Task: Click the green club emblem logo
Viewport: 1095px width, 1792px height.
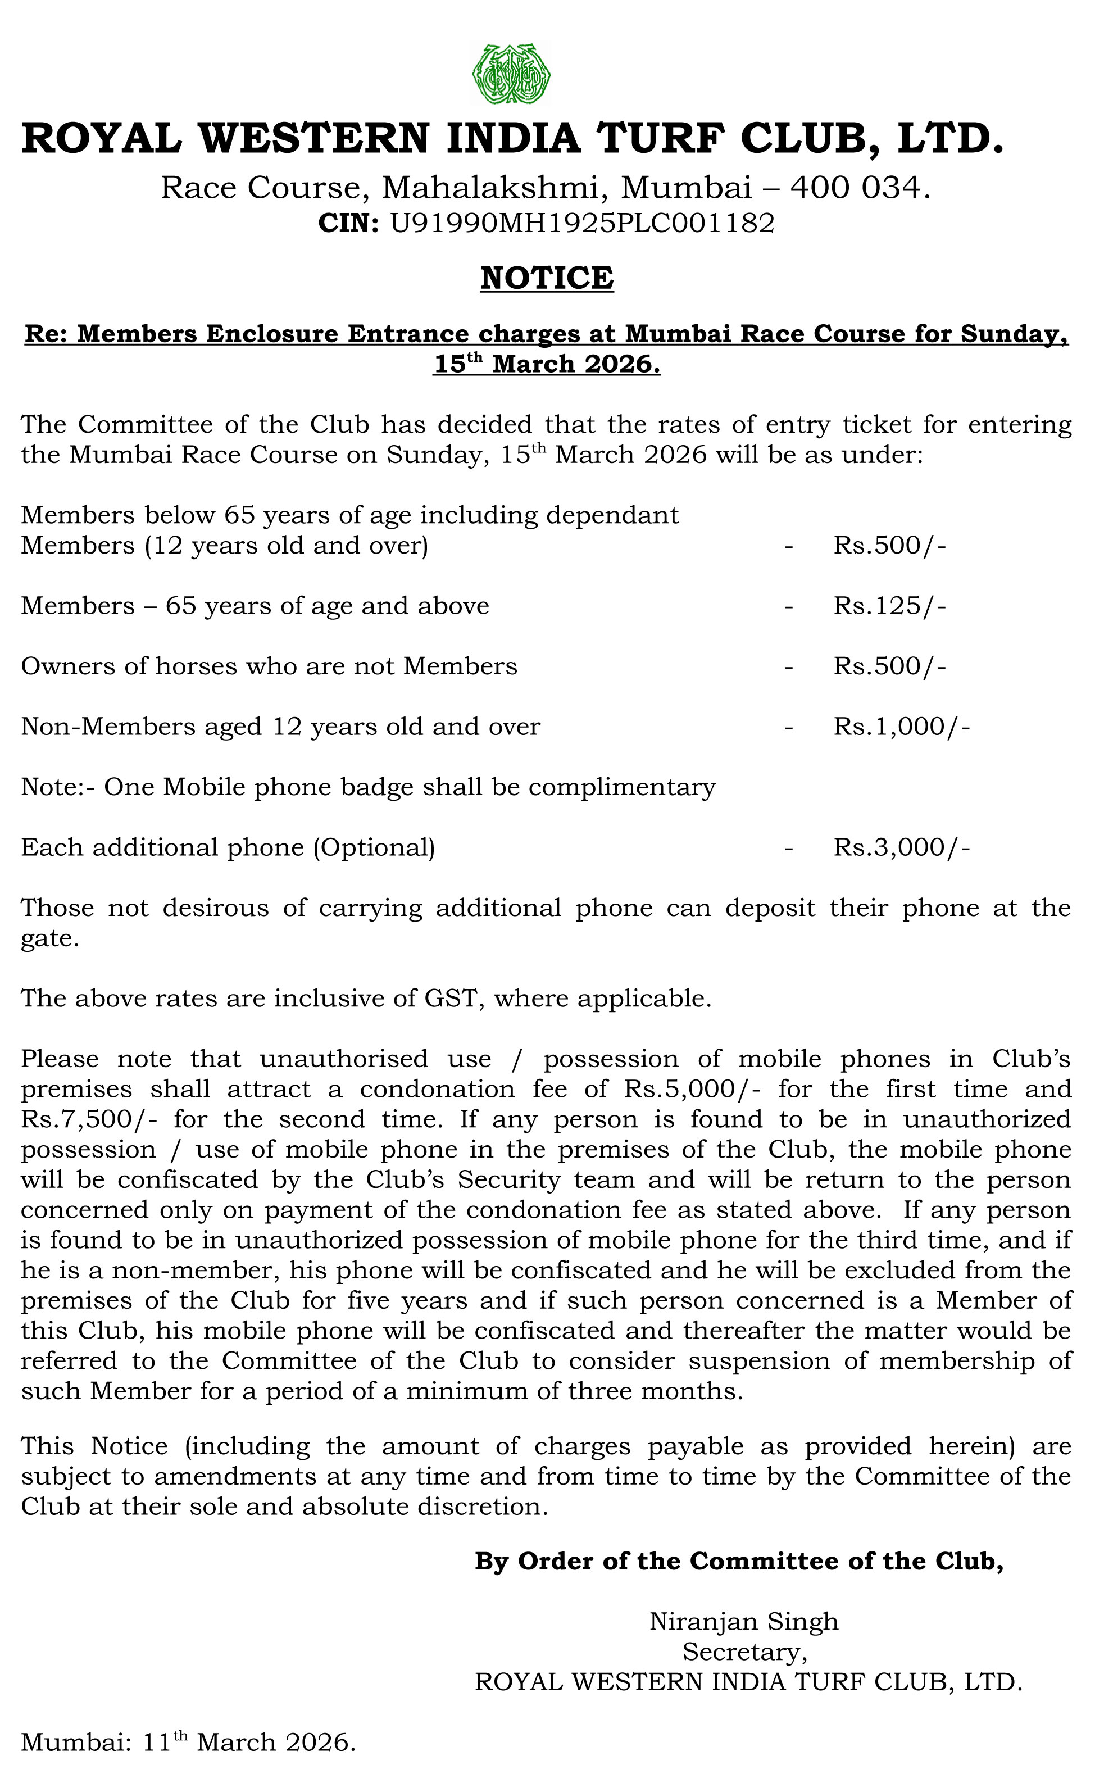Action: pyautogui.click(x=510, y=74)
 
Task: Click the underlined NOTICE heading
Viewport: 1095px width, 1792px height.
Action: pyautogui.click(x=547, y=278)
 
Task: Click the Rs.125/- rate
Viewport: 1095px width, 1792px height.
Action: pyautogui.click(x=889, y=606)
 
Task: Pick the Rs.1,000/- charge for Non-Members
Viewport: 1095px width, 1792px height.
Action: pyautogui.click(x=902, y=727)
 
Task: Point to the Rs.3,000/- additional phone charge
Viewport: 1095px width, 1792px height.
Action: pyautogui.click(x=902, y=847)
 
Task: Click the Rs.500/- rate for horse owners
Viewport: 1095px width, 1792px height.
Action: pyautogui.click(x=889, y=666)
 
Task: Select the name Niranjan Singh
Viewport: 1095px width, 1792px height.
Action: pyautogui.click(x=744, y=1622)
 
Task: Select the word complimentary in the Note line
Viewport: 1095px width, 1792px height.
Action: pyautogui.click(x=622, y=787)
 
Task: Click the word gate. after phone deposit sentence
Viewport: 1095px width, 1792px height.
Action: pyautogui.click(x=49, y=940)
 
